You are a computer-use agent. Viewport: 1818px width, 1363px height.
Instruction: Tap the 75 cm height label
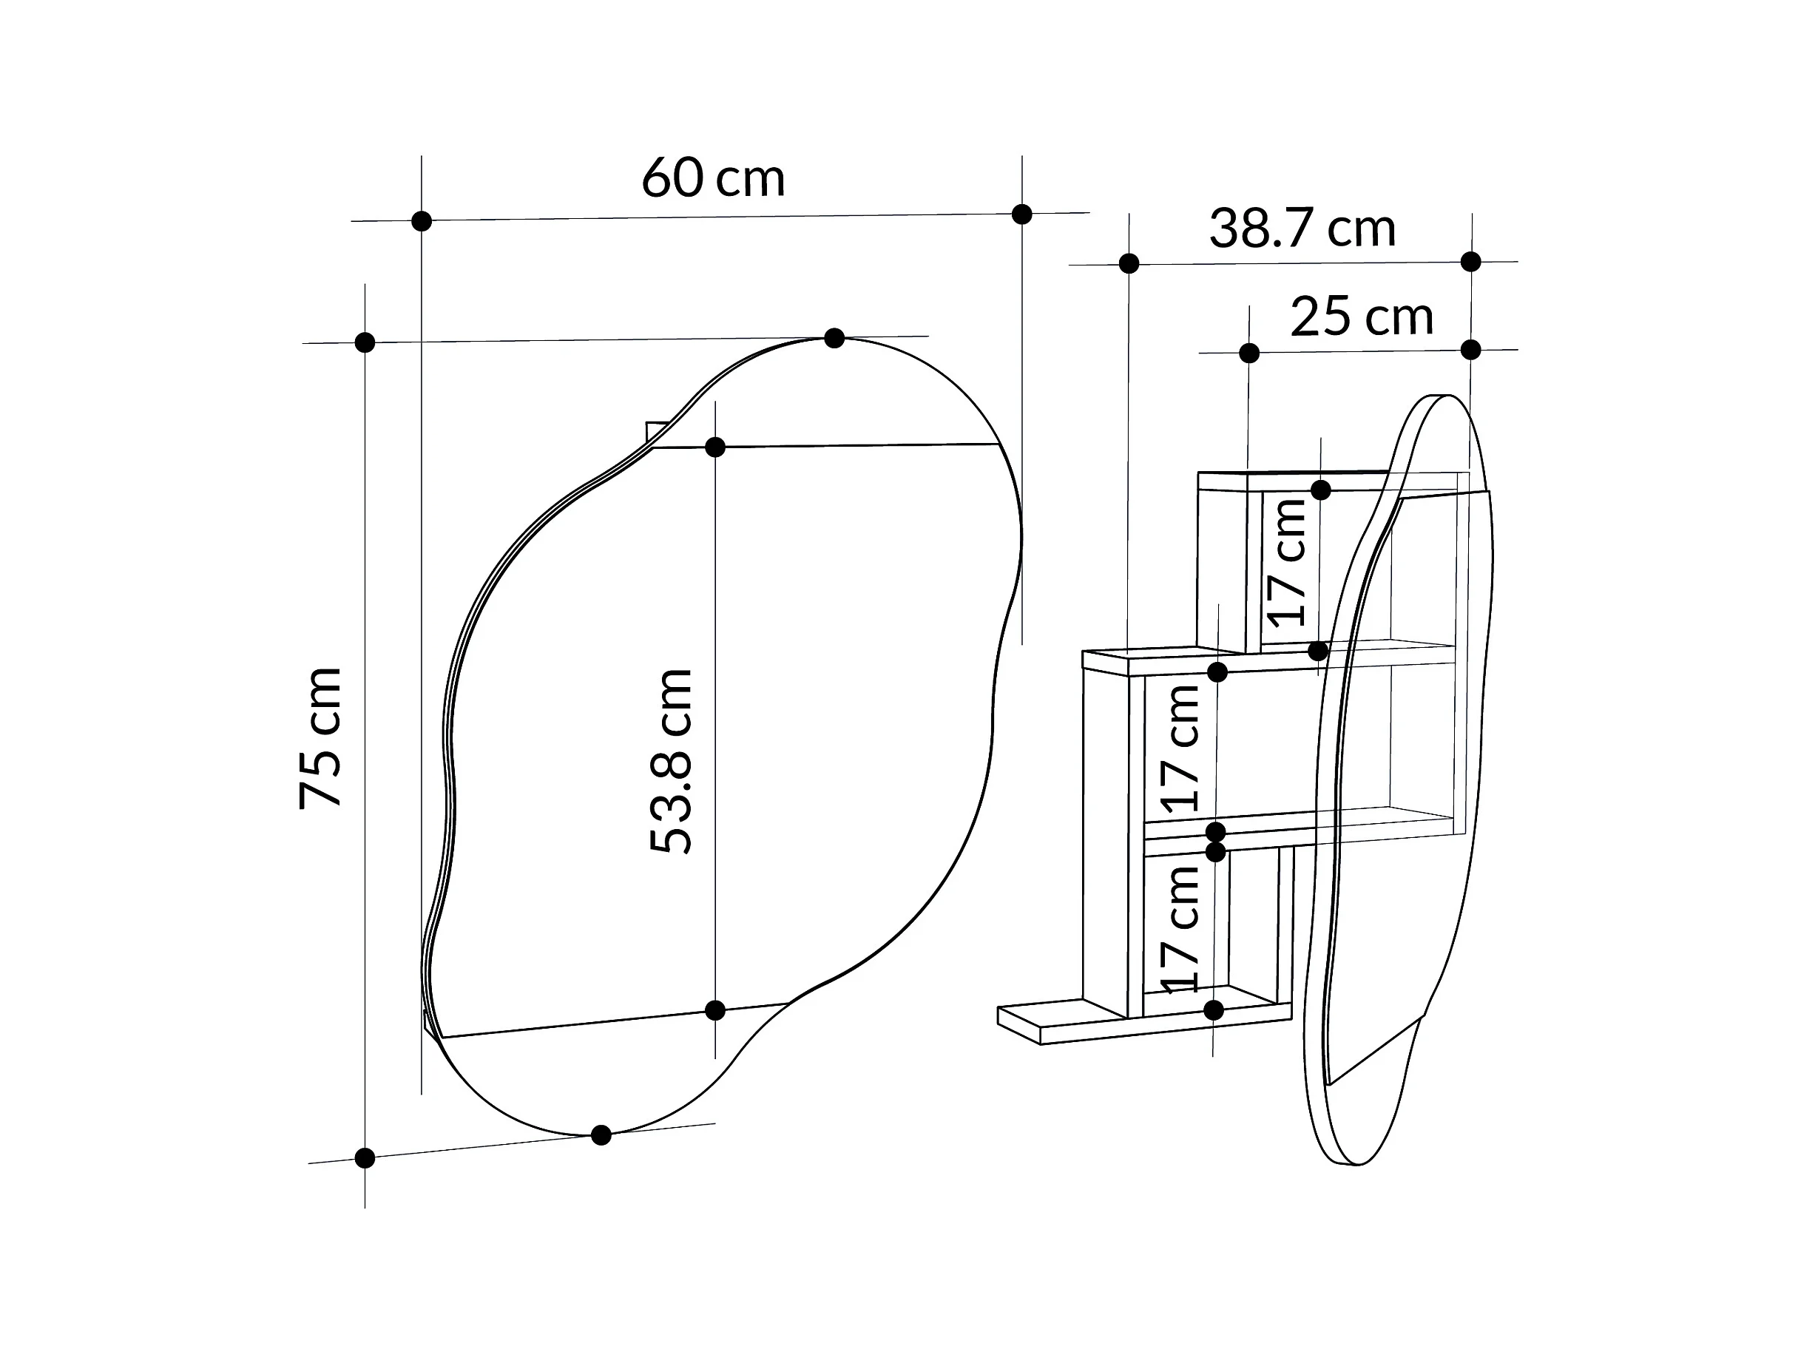pyautogui.click(x=320, y=738)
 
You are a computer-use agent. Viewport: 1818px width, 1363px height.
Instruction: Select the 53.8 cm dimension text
pyautogui.click(x=671, y=761)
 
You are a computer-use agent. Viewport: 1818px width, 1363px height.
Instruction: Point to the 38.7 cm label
pyautogui.click(x=1302, y=229)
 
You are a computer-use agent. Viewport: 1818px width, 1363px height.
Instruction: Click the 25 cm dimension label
pyautogui.click(x=1361, y=317)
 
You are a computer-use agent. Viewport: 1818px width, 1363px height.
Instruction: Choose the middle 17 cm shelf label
pyautogui.click(x=1180, y=748)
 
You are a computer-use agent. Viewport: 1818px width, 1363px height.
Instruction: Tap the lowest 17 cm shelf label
pyautogui.click(x=1180, y=929)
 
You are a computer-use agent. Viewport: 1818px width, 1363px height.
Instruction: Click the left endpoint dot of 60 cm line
pyautogui.click(x=422, y=221)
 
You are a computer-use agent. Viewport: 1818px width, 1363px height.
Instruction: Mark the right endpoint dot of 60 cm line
pyautogui.click(x=1021, y=214)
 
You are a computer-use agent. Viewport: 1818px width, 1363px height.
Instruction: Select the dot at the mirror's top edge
pyautogui.click(x=834, y=338)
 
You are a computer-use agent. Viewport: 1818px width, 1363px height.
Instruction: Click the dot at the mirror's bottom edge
pyautogui.click(x=601, y=1135)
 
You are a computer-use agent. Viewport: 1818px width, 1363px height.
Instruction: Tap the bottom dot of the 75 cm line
pyautogui.click(x=365, y=1158)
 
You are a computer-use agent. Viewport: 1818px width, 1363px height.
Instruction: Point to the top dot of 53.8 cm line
pyautogui.click(x=715, y=447)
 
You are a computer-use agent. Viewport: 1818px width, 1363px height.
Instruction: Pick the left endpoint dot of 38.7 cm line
pyautogui.click(x=1129, y=264)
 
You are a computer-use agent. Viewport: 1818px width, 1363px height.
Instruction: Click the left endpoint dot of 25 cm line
pyautogui.click(x=1249, y=354)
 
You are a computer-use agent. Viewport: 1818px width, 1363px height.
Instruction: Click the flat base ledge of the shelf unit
pyautogui.click(x=1069, y=1024)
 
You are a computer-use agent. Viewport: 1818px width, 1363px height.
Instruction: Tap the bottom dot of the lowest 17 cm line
pyautogui.click(x=1214, y=1009)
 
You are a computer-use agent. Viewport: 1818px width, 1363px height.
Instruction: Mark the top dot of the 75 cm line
pyautogui.click(x=365, y=342)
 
